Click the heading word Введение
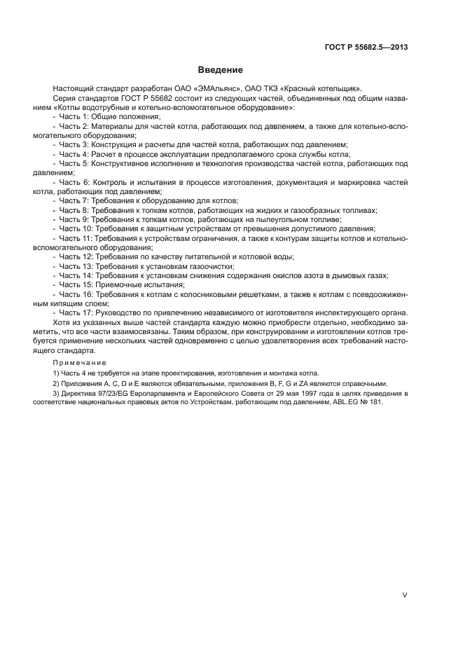tap(220, 70)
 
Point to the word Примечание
tap(79, 363)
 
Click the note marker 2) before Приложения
tap(55, 385)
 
